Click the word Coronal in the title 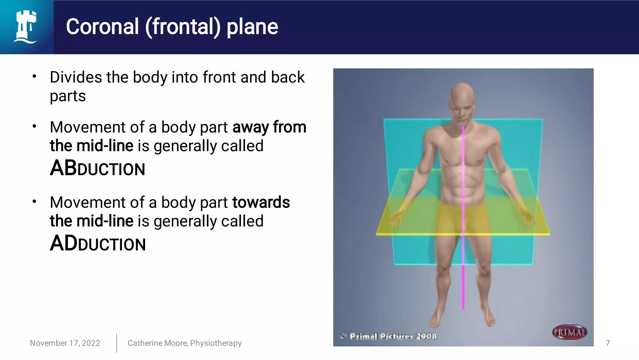[102, 27]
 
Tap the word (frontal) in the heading [183, 27]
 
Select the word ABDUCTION [97, 168]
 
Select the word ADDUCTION [98, 244]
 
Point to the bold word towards [261, 202]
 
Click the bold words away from [269, 127]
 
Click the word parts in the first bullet [68, 96]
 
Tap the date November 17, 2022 [65, 343]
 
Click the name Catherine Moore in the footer [157, 343]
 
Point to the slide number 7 [607, 343]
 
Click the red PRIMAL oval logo [569, 332]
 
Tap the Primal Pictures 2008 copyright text [393, 336]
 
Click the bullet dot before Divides [34, 76]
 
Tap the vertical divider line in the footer [117, 343]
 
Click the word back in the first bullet [287, 77]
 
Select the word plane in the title [252, 27]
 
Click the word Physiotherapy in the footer [216, 343]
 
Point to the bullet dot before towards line [34, 202]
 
